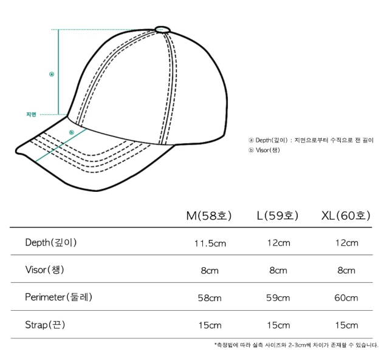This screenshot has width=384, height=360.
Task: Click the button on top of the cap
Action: click(x=163, y=29)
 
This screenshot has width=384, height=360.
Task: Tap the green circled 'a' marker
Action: click(x=52, y=74)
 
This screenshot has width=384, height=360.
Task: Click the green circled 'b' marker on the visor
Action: click(x=72, y=132)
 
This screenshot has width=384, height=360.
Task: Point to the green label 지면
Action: click(x=32, y=114)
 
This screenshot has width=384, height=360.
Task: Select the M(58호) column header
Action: click(x=208, y=216)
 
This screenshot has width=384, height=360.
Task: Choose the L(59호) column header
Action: click(x=278, y=216)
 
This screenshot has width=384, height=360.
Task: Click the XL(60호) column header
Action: click(x=346, y=216)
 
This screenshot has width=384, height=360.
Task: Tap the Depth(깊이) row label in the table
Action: click(x=51, y=242)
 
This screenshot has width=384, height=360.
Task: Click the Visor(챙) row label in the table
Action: click(x=44, y=270)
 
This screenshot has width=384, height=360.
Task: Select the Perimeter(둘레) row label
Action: click(x=59, y=297)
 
